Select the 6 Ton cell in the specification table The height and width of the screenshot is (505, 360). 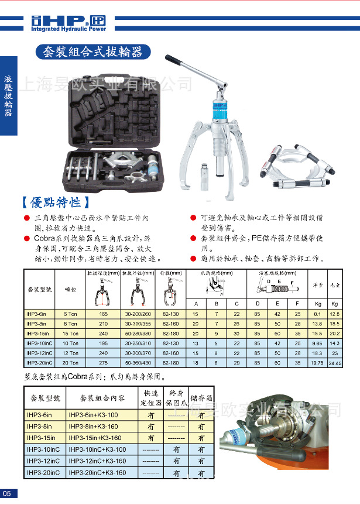click(70, 314)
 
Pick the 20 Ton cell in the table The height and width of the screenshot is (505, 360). click(70, 362)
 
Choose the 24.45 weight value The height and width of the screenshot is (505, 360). click(335, 363)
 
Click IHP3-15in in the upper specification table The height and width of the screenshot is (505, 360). click(39, 333)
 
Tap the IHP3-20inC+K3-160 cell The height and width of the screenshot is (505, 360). click(97, 473)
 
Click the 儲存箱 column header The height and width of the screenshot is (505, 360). click(200, 398)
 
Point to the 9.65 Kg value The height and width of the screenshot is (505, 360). click(316, 343)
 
